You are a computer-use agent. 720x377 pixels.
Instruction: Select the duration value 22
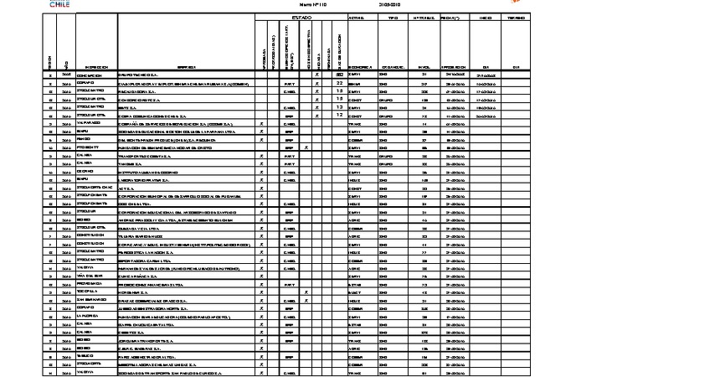[339, 84]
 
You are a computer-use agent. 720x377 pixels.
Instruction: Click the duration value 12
[339, 115]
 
